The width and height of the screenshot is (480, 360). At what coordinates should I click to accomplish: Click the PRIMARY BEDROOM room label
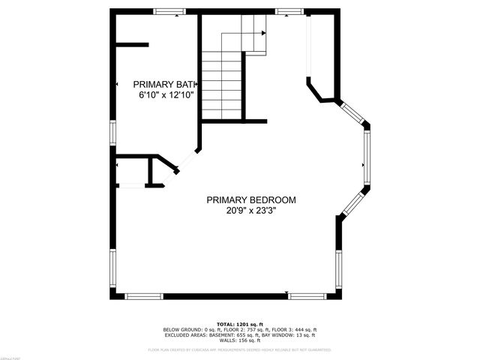click(x=251, y=200)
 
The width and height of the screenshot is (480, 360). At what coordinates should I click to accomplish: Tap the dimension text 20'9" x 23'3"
click(x=251, y=211)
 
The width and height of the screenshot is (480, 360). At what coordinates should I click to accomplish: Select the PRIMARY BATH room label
click(x=163, y=84)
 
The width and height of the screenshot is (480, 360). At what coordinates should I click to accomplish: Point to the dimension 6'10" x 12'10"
click(x=166, y=95)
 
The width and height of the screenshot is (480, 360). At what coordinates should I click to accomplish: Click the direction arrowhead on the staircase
click(x=263, y=33)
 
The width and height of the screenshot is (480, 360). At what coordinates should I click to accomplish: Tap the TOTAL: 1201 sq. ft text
click(x=239, y=323)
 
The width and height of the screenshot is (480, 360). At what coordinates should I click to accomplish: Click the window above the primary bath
click(x=169, y=11)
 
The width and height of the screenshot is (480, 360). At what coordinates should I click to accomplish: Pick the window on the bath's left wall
click(x=113, y=132)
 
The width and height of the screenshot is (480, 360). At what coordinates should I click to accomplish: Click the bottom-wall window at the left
click(x=143, y=296)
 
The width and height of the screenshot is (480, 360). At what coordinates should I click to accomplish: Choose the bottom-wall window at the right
click(x=307, y=296)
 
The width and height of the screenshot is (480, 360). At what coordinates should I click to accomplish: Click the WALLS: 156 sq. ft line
click(x=239, y=340)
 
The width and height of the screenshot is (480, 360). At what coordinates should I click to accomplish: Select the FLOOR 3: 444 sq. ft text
click(x=297, y=329)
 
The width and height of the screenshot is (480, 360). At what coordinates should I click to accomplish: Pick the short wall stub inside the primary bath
click(x=133, y=43)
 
